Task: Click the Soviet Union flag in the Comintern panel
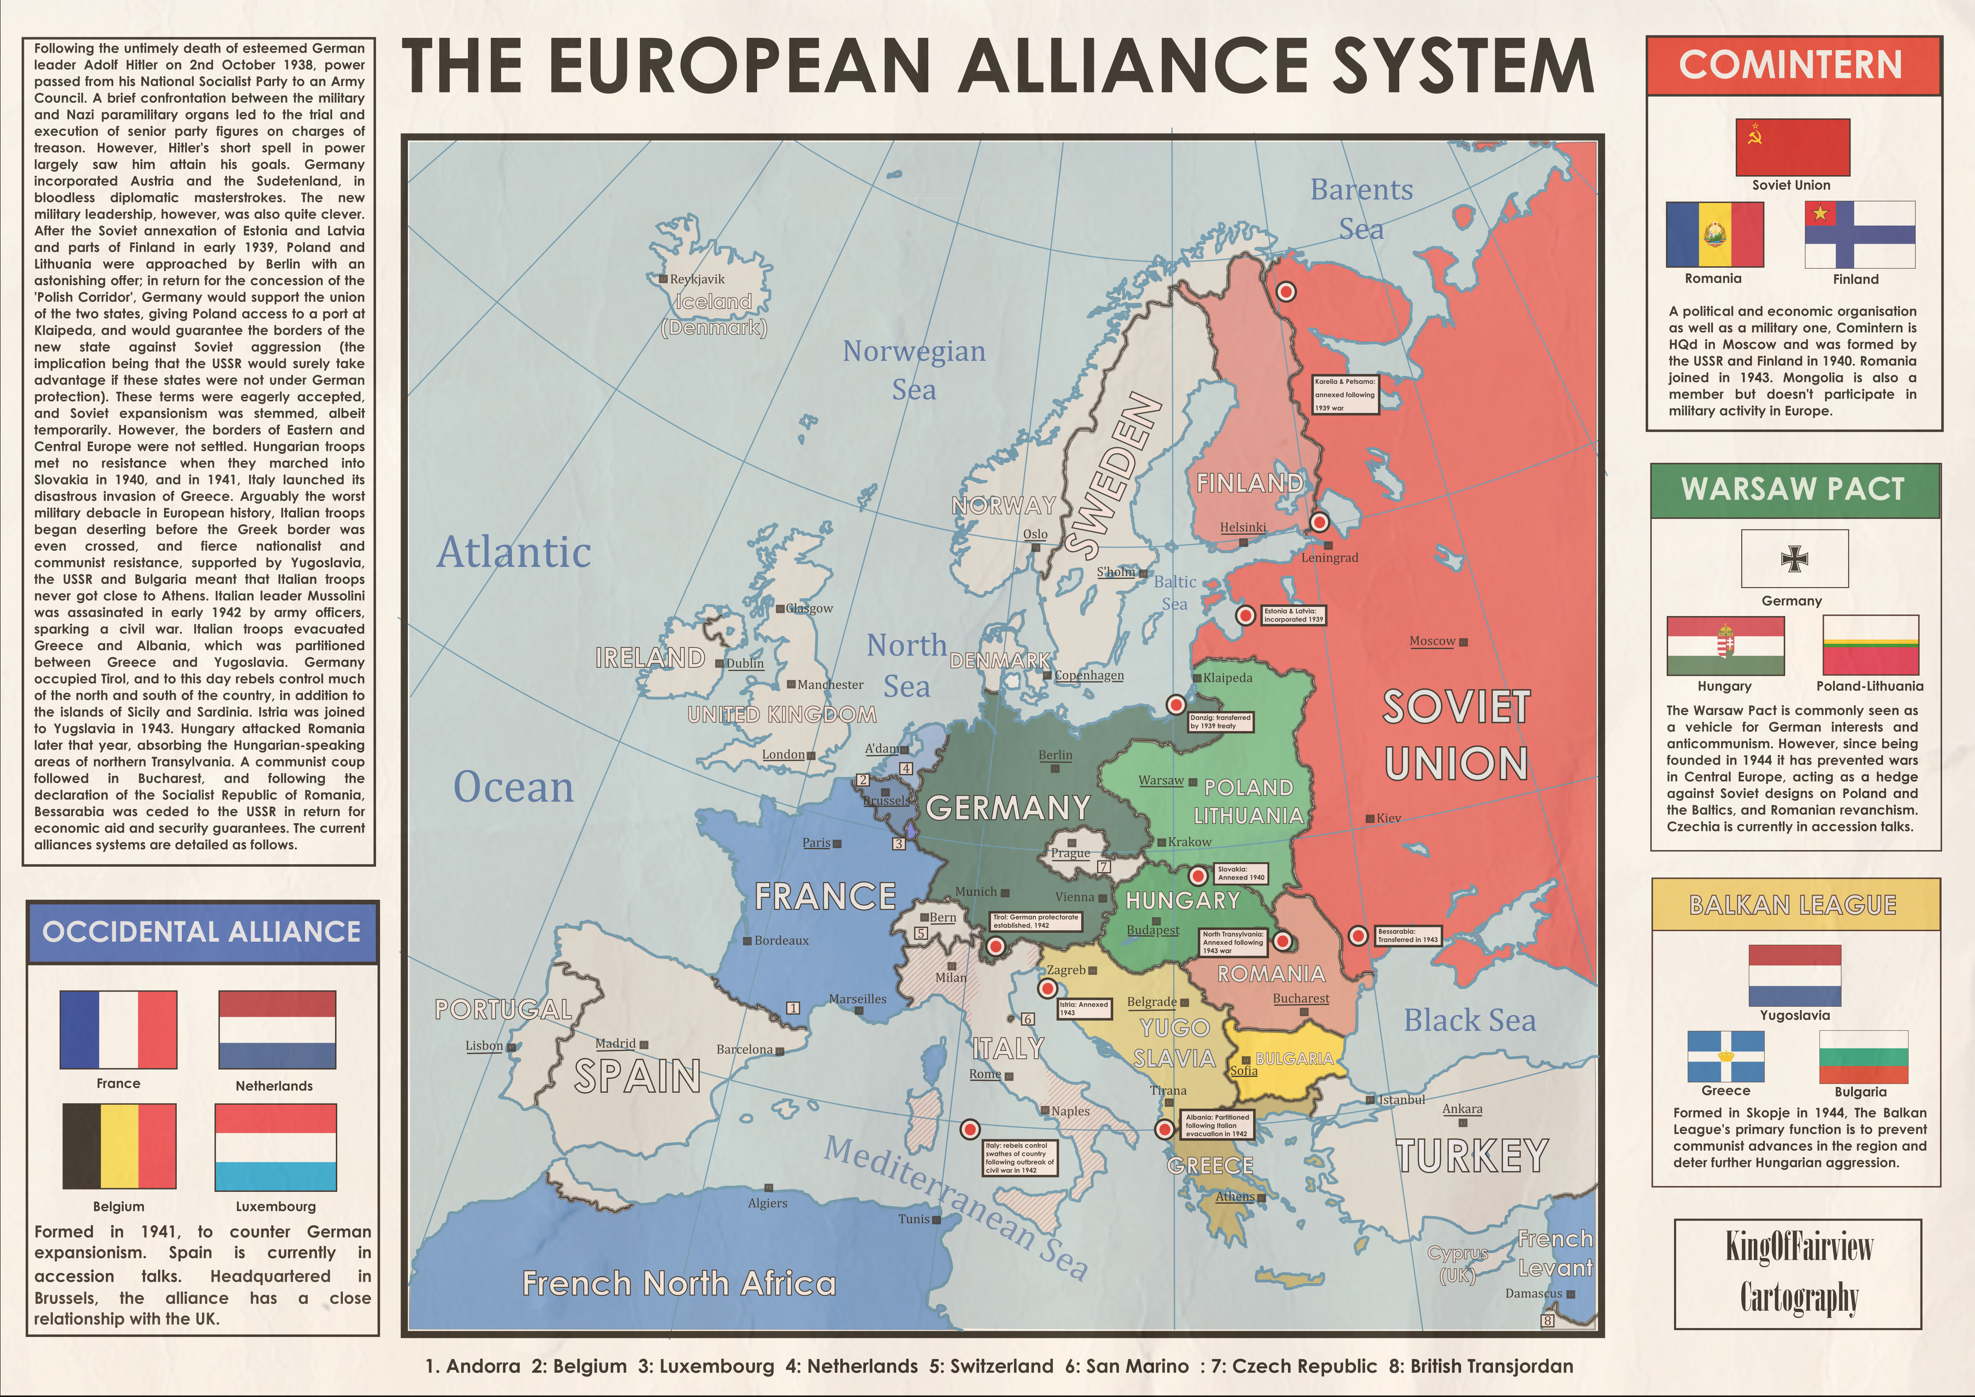point(1792,148)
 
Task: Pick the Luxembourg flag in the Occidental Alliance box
point(275,1147)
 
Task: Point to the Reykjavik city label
point(697,280)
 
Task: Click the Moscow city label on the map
point(1432,641)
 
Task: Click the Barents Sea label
point(1362,209)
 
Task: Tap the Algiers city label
point(767,1202)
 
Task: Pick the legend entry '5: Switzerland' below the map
point(991,1366)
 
